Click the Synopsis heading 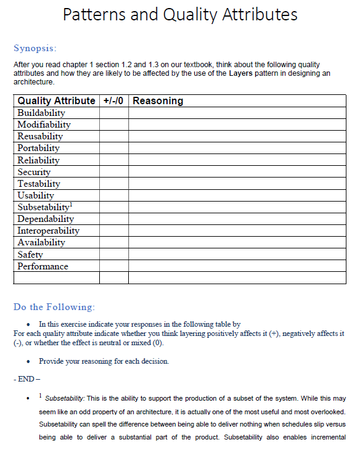pos(35,48)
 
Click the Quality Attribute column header pos(56,100)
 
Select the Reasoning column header pos(158,100)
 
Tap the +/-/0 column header pos(114,100)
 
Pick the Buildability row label pos(41,113)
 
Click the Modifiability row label pos(44,125)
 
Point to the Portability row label pos(39,148)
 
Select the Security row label pos(34,172)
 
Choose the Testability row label pos(39,184)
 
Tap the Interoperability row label pos(48,231)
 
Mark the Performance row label pos(43,266)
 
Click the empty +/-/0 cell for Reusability pos(114,136)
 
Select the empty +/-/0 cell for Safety pos(114,255)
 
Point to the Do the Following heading pos(54,307)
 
